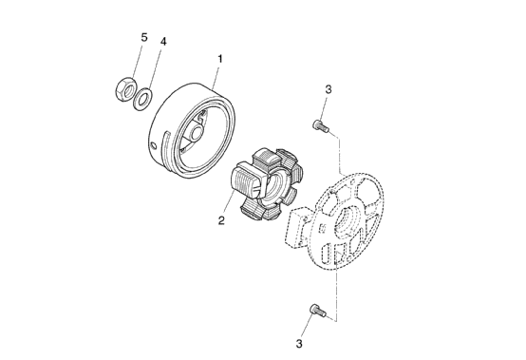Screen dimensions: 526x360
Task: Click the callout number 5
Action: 144,37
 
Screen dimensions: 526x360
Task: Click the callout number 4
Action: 163,42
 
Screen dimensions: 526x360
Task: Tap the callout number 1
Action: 220,59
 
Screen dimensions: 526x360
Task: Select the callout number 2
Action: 221,220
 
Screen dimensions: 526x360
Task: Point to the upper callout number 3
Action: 329,89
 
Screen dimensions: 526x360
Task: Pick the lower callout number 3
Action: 299,344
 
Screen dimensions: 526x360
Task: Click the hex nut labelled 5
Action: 125,88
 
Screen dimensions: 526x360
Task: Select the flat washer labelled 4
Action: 142,98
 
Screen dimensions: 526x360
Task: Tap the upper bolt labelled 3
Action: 321,126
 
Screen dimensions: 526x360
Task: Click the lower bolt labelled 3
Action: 317,311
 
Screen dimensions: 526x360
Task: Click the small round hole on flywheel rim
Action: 154,146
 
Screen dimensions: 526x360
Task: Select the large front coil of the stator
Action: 247,180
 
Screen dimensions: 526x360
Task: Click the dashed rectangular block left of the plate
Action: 297,227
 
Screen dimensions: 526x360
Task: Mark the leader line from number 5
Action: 137,61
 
